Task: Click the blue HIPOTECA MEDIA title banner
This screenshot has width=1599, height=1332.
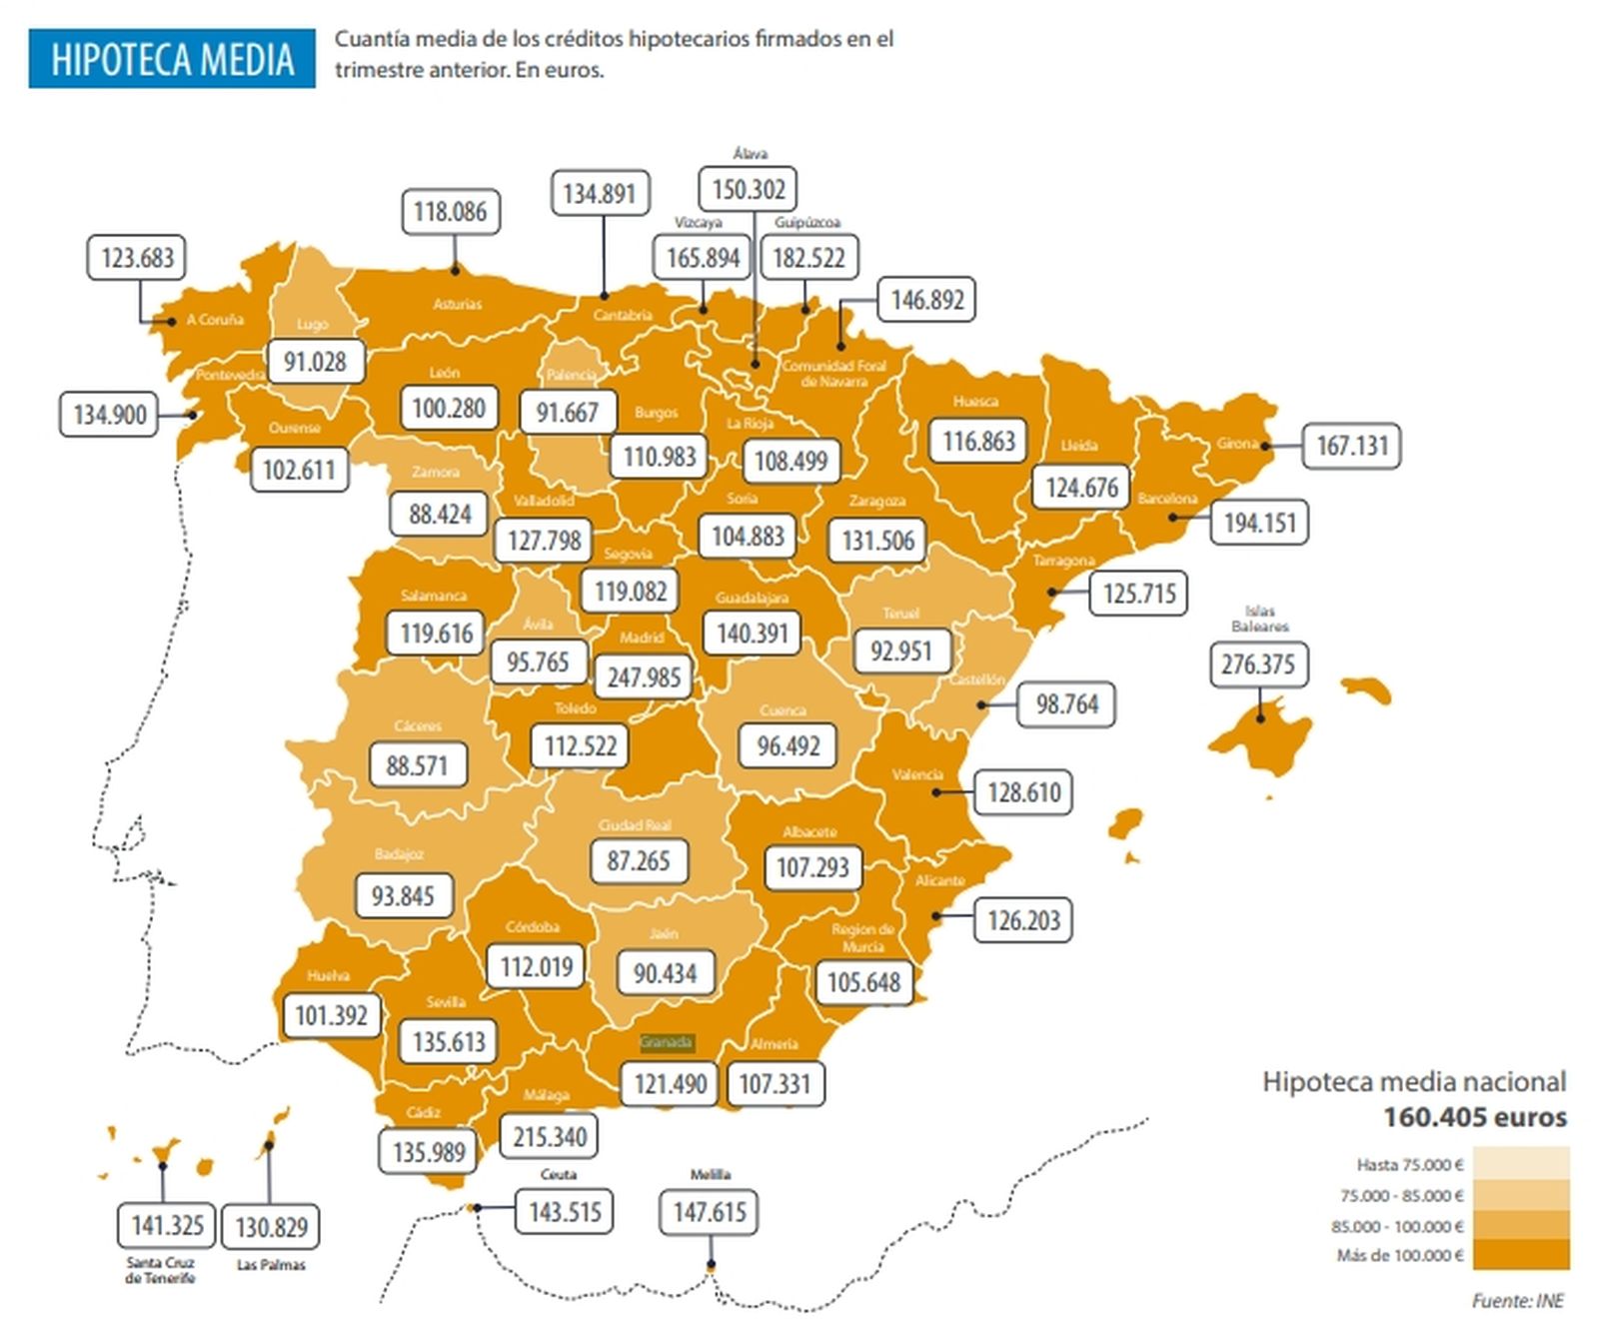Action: click(172, 59)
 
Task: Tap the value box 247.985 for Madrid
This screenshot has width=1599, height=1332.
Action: click(644, 677)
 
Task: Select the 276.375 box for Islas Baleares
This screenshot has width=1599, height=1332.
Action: click(1257, 665)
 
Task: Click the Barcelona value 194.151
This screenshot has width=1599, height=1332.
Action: click(1259, 523)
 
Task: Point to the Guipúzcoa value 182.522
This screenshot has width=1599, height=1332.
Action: click(808, 258)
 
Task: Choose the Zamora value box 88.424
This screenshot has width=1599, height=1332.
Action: click(440, 514)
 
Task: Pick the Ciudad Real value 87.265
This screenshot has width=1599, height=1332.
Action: click(639, 860)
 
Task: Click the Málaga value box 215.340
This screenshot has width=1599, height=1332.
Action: click(549, 1137)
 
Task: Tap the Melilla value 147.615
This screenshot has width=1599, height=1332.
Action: click(710, 1212)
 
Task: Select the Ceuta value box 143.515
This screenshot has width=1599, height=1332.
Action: click(565, 1212)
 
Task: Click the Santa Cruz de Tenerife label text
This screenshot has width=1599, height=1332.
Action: click(160, 1270)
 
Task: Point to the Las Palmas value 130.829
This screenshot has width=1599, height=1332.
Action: click(271, 1227)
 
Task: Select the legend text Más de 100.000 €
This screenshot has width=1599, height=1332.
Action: click(1399, 1255)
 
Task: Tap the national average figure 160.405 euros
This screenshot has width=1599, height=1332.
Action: click(1474, 1117)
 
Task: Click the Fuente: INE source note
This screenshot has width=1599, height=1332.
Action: click(1517, 1300)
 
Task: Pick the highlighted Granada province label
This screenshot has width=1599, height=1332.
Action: click(666, 1042)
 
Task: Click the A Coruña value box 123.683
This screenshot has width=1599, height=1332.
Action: click(138, 258)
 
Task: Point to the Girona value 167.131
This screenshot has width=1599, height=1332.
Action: click(1351, 446)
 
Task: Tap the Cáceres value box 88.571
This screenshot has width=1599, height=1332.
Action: click(417, 765)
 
